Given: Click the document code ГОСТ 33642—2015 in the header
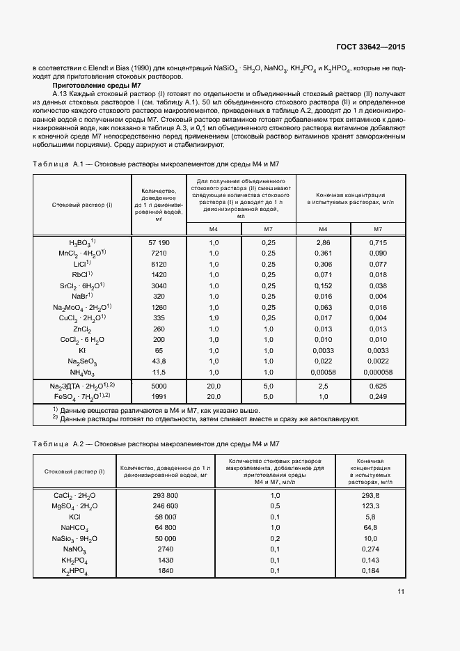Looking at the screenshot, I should [370, 46].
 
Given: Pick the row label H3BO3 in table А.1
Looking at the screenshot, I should [80, 242].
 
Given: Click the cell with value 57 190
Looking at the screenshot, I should [159, 242].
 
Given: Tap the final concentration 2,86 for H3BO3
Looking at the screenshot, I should [323, 242].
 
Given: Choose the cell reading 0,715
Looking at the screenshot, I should [378, 242].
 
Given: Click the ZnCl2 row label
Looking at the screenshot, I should [82, 329].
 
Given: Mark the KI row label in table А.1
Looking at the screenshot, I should [82, 351].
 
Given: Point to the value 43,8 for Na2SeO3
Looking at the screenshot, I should [159, 362].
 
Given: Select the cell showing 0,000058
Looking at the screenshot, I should [378, 373].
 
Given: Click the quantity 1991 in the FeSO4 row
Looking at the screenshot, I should [159, 397].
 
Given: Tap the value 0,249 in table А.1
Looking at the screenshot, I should [378, 397].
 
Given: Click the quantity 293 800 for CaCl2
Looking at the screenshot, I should [165, 495].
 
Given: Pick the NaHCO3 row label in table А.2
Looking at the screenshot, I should [74, 528].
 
